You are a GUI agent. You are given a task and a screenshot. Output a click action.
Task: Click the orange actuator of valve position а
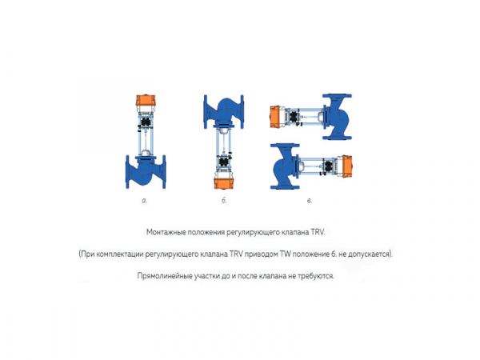coord(146,101)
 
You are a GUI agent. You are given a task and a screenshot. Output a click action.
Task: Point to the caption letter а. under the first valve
coord(145,200)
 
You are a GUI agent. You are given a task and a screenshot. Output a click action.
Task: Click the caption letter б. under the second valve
coord(225,200)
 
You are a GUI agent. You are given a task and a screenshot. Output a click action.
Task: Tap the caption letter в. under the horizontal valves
coord(309,200)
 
